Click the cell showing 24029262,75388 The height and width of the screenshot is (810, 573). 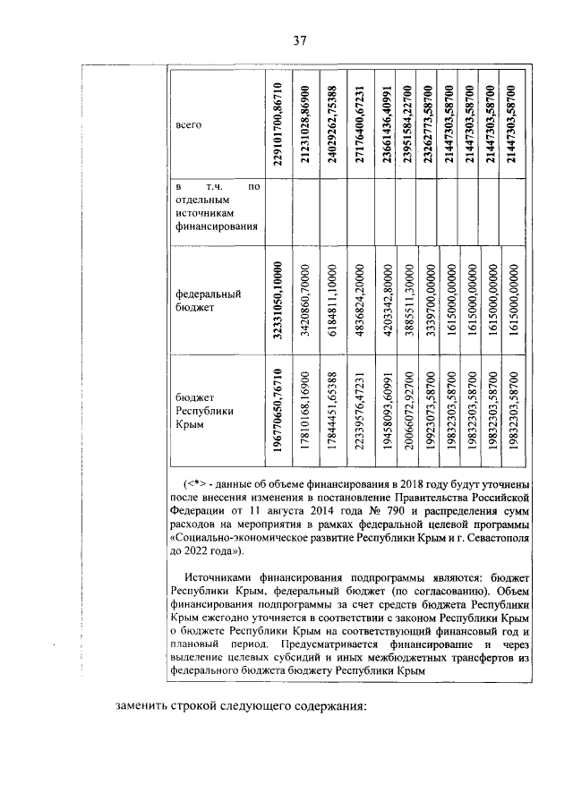point(331,124)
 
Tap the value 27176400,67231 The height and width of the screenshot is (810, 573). point(358,124)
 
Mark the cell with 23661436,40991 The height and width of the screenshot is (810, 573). point(386,124)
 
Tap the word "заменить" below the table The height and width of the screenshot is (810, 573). point(145,705)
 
